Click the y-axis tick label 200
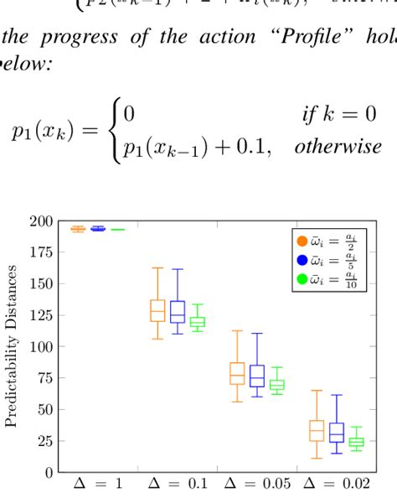click(x=42, y=221)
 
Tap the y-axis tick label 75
click(x=45, y=378)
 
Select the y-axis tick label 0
click(x=49, y=472)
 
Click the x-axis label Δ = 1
click(x=97, y=485)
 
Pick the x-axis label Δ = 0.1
click(x=178, y=485)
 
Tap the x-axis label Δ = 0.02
click(x=338, y=485)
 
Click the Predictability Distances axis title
click(x=13, y=346)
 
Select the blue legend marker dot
click(x=303, y=262)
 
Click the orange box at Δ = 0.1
click(x=157, y=310)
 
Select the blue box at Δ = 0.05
click(x=257, y=376)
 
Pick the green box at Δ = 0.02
click(x=357, y=442)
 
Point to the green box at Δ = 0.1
click(x=198, y=322)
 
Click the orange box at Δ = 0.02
click(x=317, y=430)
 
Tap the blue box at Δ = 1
click(x=98, y=228)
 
